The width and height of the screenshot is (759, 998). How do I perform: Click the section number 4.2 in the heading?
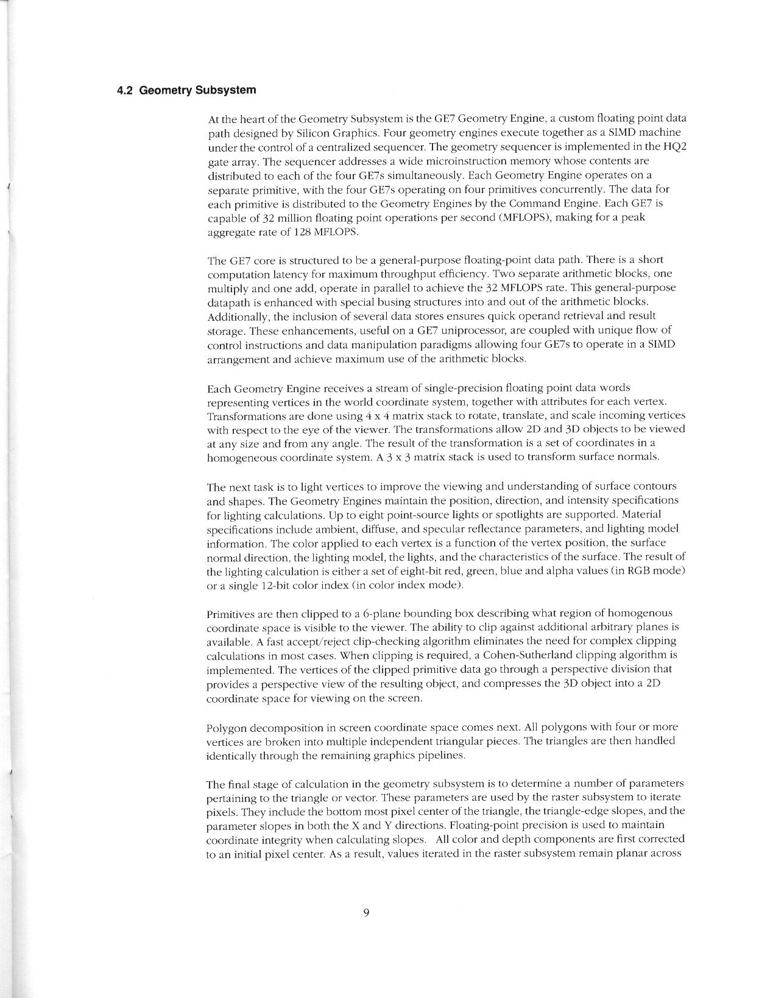(x=125, y=91)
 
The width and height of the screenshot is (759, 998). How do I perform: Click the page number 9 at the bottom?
(x=365, y=912)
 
